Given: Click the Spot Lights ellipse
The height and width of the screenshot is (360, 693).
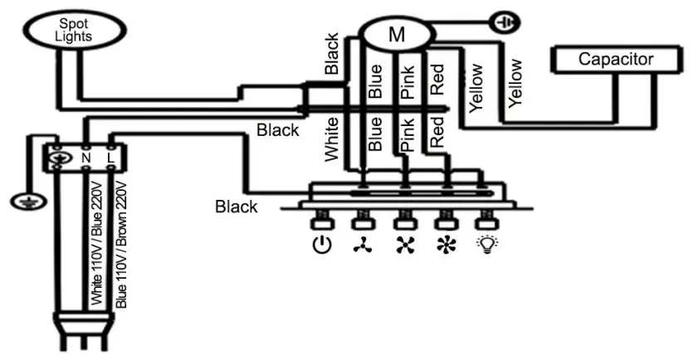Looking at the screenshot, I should tap(72, 32).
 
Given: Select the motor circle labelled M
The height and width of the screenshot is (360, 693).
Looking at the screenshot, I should tap(396, 34).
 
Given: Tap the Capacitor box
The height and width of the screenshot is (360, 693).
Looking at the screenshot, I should tap(616, 60).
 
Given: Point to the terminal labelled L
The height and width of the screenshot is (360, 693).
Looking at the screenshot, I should tap(111, 155).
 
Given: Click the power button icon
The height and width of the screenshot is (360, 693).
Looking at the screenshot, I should tap(322, 246).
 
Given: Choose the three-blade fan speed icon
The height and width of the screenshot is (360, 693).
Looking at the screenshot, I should tap(363, 246).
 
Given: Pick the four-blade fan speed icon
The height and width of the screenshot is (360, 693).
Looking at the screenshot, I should tap(405, 246).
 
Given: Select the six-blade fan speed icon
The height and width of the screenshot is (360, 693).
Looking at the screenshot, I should tap(446, 246).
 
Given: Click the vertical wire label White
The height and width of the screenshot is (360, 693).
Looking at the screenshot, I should tap(332, 139).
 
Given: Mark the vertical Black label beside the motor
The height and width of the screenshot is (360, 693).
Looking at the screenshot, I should tap(332, 55).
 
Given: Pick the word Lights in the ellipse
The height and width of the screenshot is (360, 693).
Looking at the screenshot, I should tap(72, 38).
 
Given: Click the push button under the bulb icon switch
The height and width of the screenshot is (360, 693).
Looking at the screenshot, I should tap(486, 221).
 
